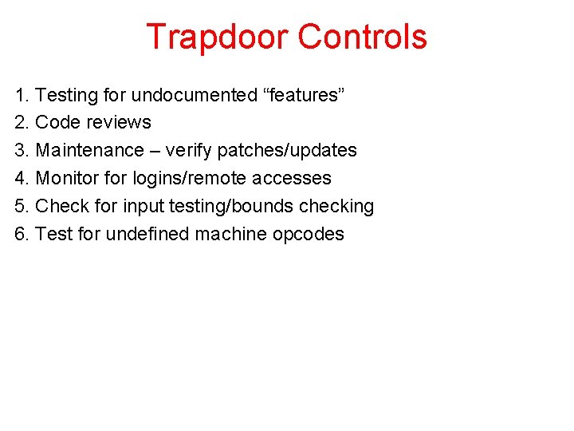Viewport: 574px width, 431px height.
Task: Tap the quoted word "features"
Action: coord(303,95)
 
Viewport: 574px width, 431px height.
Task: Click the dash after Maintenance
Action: coord(153,151)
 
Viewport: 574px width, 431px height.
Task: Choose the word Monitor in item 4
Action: coord(68,179)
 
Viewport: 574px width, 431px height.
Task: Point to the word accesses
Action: coord(294,179)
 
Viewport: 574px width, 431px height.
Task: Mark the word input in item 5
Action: coord(143,207)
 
